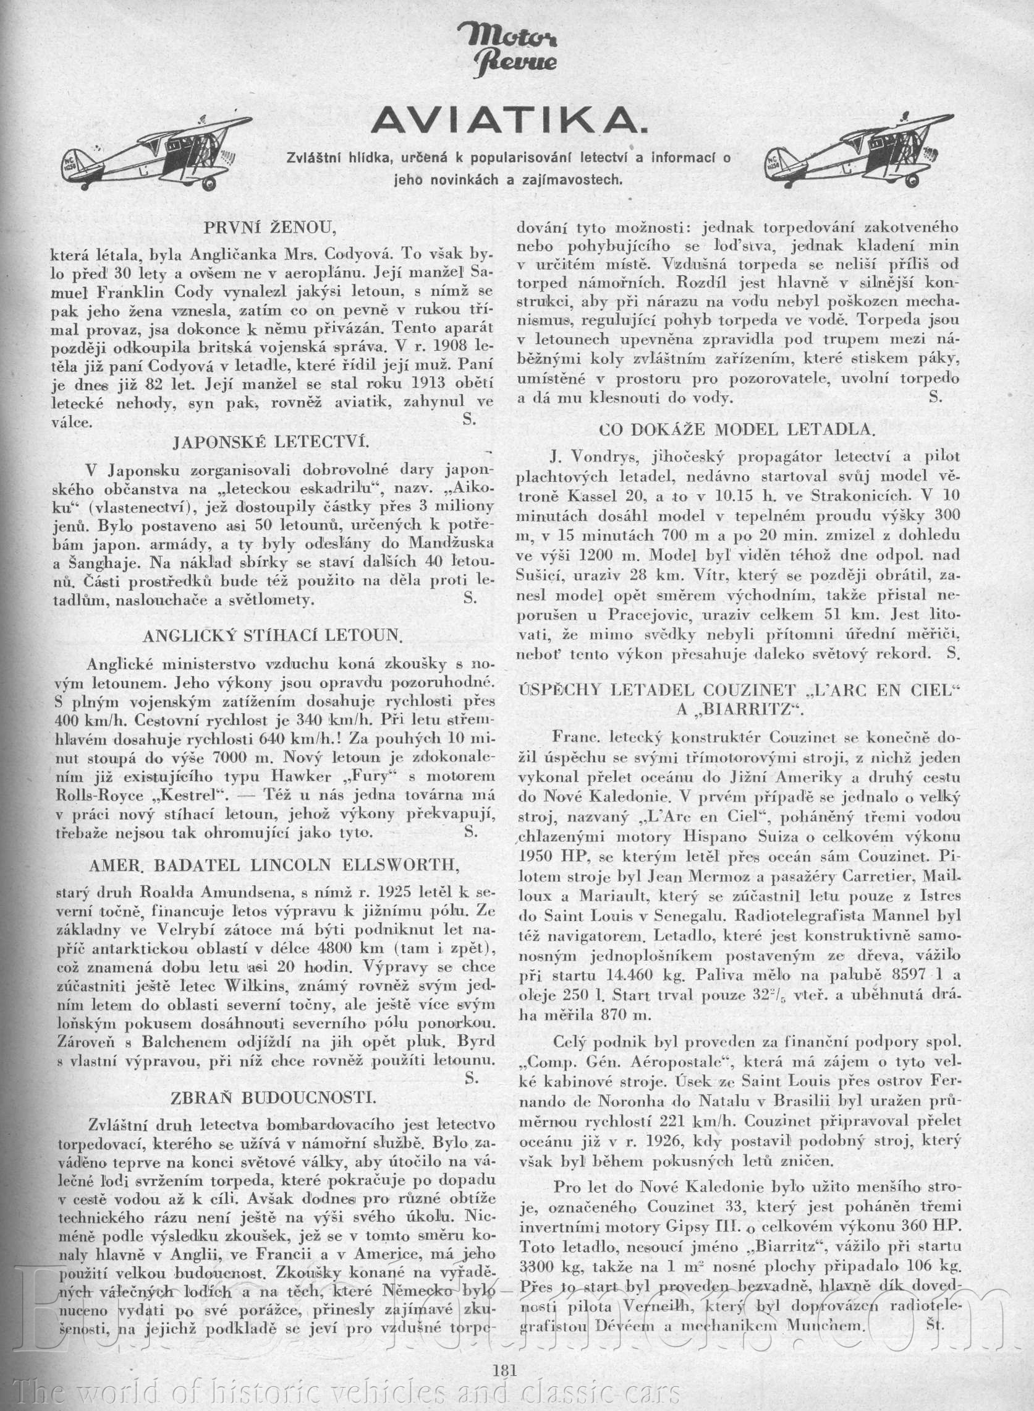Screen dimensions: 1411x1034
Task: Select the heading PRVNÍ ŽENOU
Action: pos(271,228)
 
